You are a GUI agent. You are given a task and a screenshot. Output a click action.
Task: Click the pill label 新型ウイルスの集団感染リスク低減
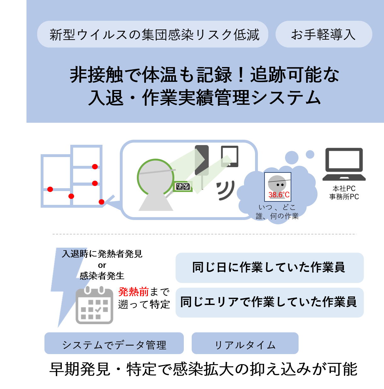[153, 34]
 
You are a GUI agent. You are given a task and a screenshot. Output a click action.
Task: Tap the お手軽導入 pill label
[323, 34]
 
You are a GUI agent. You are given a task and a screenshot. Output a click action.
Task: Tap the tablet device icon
[230, 156]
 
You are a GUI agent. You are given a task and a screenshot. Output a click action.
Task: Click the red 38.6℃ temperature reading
[279, 195]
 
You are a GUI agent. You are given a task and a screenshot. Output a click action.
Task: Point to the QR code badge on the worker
[183, 186]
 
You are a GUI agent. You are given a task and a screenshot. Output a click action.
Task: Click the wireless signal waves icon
[226, 190]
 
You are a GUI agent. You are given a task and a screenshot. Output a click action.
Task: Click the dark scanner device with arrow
[202, 160]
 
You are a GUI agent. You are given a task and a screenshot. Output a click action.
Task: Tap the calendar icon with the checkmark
[94, 305]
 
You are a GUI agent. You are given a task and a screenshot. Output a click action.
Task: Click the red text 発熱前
[133, 292]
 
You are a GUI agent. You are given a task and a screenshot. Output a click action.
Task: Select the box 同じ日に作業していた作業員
[269, 268]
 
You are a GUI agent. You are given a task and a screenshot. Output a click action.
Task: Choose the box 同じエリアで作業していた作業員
[269, 302]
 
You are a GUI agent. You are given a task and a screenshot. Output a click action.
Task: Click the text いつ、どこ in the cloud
[277, 207]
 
